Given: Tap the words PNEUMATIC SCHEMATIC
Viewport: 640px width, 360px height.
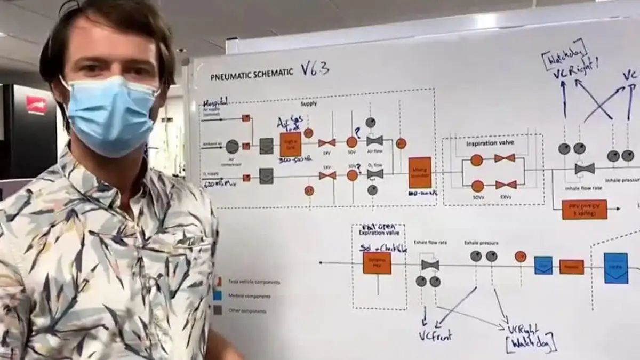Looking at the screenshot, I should click(x=252, y=74).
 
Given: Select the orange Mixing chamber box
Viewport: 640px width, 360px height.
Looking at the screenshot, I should click(x=420, y=172).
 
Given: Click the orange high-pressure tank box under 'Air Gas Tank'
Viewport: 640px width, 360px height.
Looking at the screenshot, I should click(x=291, y=144).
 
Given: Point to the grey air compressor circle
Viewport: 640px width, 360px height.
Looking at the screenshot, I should click(x=232, y=146).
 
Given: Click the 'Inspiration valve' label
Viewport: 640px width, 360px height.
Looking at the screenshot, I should click(x=485, y=143).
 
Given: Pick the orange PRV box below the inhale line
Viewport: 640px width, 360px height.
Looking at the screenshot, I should click(x=585, y=209).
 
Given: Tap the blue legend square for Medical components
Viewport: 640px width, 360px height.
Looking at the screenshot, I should click(x=218, y=295).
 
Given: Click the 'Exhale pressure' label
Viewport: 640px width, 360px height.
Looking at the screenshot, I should click(x=481, y=243).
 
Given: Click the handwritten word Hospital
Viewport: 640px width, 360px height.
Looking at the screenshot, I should click(x=216, y=102).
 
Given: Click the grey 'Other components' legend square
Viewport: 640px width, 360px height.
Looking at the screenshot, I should click(x=218, y=309).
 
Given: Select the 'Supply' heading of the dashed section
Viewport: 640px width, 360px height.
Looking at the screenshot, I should click(x=309, y=105).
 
